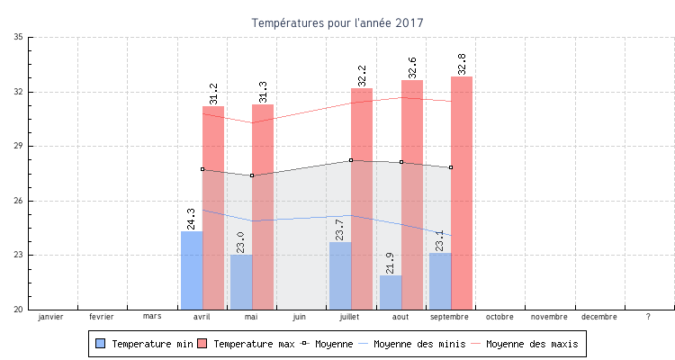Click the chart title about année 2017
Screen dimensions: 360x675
click(x=337, y=22)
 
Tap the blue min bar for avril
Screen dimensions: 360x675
click(x=192, y=270)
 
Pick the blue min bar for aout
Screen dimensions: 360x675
click(x=391, y=292)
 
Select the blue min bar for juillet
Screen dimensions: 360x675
click(x=340, y=275)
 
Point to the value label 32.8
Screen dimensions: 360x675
click(x=462, y=65)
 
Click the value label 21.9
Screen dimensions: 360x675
click(x=391, y=263)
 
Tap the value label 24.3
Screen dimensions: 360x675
click(x=192, y=219)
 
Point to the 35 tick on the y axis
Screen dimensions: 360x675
click(x=19, y=38)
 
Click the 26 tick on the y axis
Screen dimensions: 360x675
click(x=19, y=201)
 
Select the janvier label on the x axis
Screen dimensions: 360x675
click(x=52, y=317)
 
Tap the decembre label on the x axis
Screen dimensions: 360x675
click(x=599, y=317)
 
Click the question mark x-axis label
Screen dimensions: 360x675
click(x=649, y=317)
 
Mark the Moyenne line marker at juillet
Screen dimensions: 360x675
click(x=351, y=160)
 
